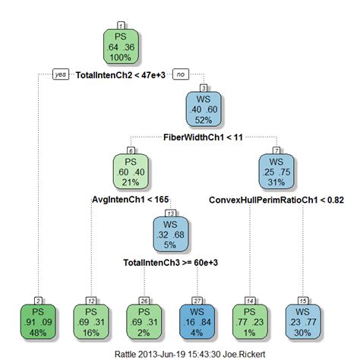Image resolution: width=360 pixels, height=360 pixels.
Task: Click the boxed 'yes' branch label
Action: point(60,74)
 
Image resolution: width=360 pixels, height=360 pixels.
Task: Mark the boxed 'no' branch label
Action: point(182,74)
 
